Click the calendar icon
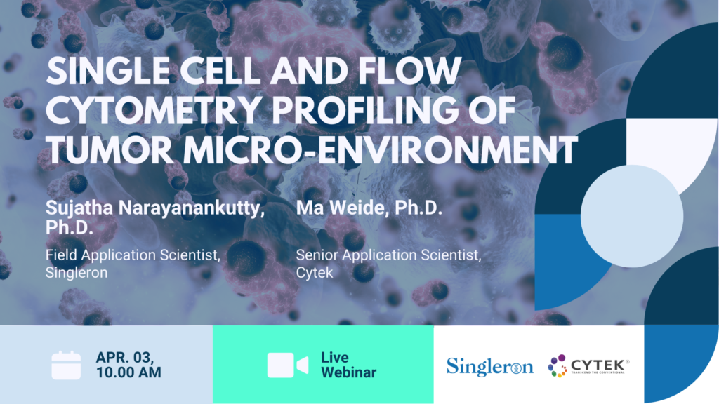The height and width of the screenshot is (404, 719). click(67, 365)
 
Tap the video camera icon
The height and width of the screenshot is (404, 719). click(287, 365)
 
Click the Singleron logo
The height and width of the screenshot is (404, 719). click(489, 365)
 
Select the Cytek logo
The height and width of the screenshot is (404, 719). click(588, 365)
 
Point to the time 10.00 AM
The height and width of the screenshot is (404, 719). click(128, 372)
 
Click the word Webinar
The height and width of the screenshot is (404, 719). click(348, 372)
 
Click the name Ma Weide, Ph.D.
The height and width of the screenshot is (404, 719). click(369, 209)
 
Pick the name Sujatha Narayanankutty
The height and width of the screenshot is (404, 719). click(155, 209)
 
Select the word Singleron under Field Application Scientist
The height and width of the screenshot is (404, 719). click(77, 273)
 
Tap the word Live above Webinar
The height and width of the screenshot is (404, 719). click(334, 357)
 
